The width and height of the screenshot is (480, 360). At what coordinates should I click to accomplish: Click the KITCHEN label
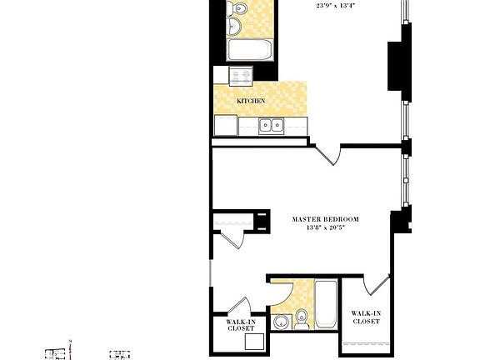[x=251, y=101]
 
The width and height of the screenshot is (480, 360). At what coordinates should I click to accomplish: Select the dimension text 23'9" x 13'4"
[x=336, y=5]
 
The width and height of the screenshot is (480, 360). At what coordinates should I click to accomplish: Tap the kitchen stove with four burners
[x=241, y=77]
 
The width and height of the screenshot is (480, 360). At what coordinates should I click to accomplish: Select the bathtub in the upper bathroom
[x=250, y=51]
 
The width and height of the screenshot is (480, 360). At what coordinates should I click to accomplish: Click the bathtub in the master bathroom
[x=326, y=303]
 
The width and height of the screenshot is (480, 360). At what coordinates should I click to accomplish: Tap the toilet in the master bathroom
[x=302, y=317]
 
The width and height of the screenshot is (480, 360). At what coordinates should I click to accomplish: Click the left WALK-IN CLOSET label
[x=241, y=325]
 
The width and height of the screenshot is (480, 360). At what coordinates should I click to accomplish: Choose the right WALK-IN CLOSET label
[x=366, y=317]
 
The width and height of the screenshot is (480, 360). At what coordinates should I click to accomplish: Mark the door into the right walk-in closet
[x=377, y=285]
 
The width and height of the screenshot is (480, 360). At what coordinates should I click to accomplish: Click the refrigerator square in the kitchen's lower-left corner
[x=225, y=126]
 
